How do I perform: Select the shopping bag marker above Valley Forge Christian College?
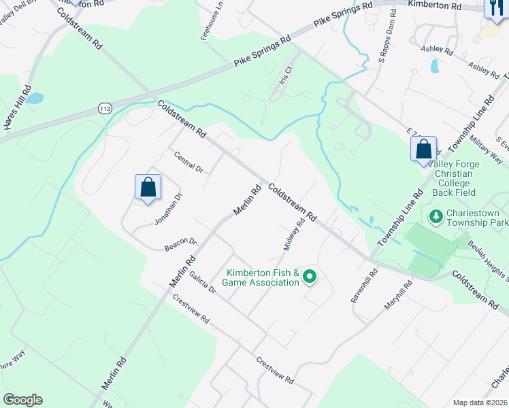click(423, 149)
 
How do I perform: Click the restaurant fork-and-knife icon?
click(493, 9)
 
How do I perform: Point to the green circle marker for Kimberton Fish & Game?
click(310, 276)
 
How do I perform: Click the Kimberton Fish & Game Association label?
click(263, 277)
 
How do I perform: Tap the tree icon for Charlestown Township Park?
click(436, 216)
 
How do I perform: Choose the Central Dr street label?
click(188, 161)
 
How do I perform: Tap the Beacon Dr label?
click(180, 244)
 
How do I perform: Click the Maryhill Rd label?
click(399, 295)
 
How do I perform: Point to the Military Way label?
click(491, 149)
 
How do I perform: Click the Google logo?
click(22, 399)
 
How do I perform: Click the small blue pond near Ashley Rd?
click(434, 66)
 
